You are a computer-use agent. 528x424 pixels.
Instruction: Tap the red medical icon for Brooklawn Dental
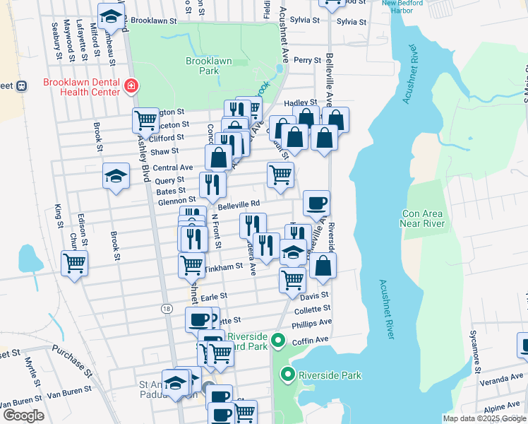(131, 87)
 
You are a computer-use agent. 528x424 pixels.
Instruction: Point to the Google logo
(23, 416)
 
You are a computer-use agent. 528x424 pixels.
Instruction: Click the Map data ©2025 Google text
(484, 418)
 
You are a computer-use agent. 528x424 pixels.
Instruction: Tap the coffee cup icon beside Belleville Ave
(316, 203)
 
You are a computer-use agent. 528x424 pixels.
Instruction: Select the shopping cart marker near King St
(74, 264)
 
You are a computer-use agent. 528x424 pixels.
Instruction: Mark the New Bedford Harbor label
(407, 7)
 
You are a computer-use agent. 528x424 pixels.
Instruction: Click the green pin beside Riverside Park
(287, 373)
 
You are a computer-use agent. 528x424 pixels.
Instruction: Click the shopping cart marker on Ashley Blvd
(145, 120)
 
